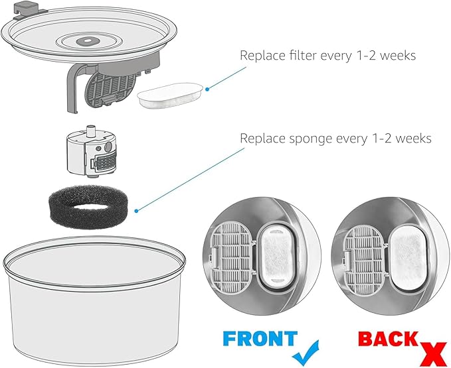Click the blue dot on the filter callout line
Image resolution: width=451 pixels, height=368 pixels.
[x=207, y=88]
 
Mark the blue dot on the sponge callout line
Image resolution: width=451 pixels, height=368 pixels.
[x=136, y=212]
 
